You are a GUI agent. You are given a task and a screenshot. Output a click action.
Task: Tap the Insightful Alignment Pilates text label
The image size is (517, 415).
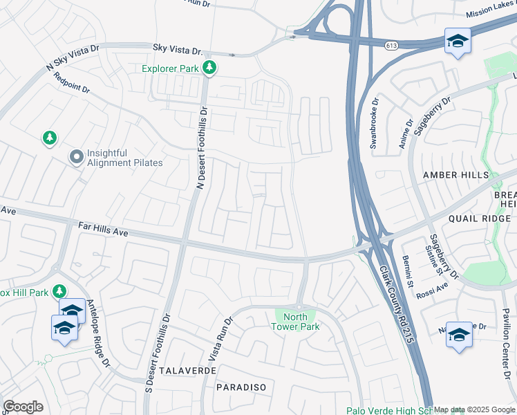pyautogui.click(x=125, y=158)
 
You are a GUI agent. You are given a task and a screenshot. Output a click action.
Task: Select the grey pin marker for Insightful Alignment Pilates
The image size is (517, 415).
pyautogui.click(x=75, y=158)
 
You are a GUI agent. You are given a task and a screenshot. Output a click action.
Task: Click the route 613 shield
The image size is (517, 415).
pyautogui.click(x=392, y=43)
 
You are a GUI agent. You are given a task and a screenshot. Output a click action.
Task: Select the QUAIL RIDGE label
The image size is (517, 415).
pyautogui.click(x=479, y=219)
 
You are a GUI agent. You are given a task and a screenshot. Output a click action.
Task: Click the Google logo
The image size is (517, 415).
pyautogui.click(x=23, y=407)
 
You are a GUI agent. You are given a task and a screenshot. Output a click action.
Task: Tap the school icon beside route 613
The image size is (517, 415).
pyautogui.click(x=457, y=42)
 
